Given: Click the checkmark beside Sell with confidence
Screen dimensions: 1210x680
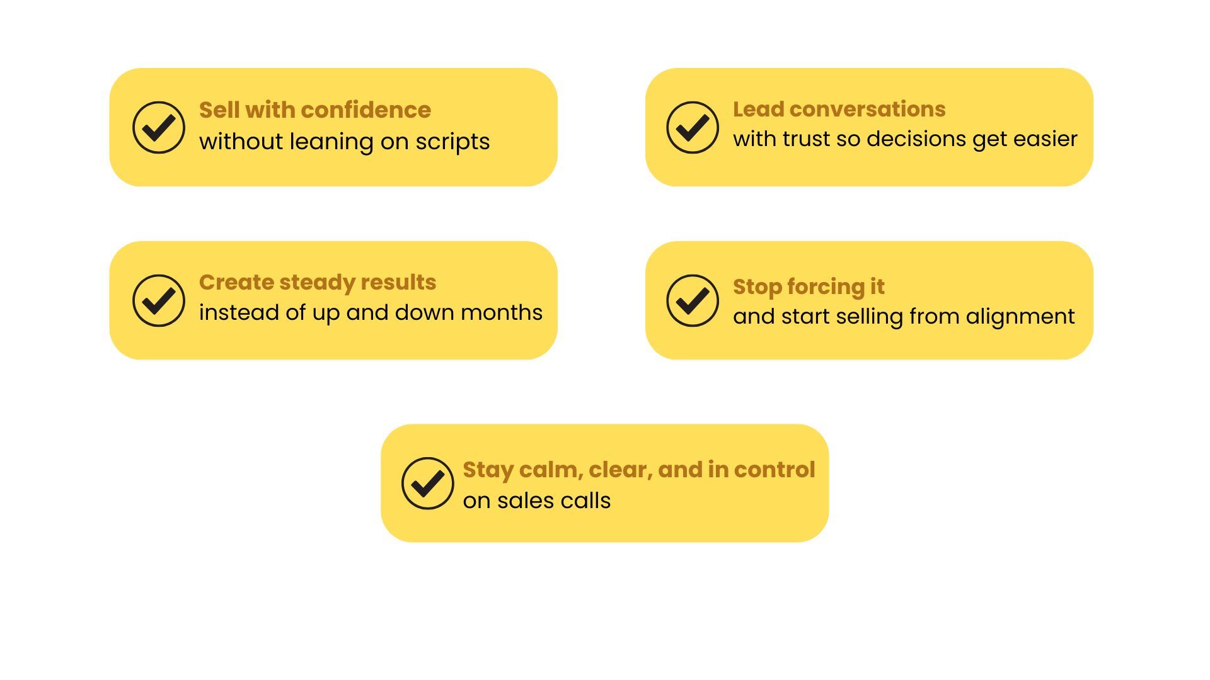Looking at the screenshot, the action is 159,128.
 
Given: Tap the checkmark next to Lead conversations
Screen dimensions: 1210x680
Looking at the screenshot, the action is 693,128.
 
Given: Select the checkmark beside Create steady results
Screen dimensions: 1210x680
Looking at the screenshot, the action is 159,301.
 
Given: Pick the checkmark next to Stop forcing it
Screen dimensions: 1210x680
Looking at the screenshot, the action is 693,301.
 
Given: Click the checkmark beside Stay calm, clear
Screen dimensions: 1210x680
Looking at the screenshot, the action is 428,484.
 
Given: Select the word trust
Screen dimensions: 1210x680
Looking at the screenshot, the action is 806,139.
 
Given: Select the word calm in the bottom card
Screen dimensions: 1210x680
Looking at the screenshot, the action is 550,470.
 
